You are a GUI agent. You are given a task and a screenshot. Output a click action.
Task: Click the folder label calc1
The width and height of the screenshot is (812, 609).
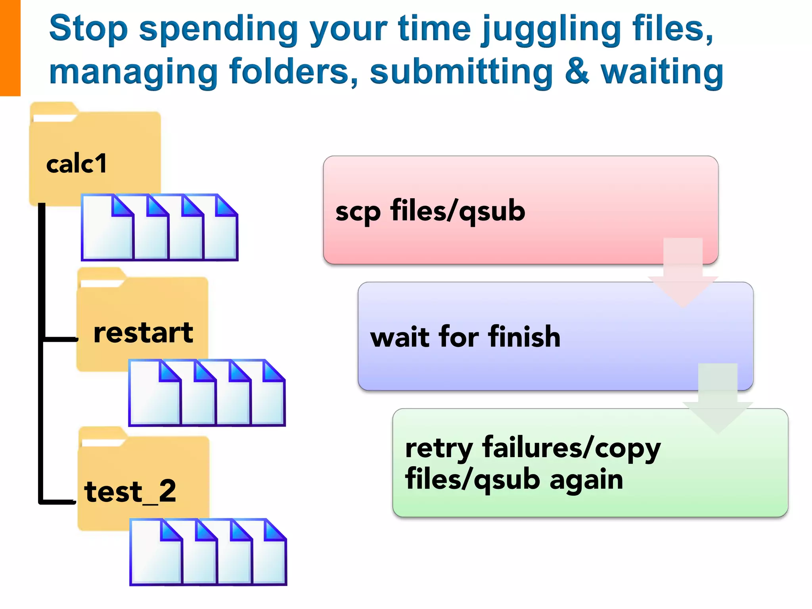pos(77,163)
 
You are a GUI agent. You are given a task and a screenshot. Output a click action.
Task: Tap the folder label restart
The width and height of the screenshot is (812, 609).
pos(143,333)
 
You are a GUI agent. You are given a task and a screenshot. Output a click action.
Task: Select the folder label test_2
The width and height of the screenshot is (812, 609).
pos(130,491)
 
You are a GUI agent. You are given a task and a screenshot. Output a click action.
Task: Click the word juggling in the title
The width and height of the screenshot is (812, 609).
pos(550,30)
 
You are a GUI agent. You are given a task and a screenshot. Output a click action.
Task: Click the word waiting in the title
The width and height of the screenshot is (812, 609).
pos(662,72)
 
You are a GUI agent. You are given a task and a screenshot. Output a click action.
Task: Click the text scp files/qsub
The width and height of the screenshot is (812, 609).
pos(430,211)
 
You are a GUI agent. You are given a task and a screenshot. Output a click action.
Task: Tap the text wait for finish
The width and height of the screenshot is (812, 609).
pos(465,337)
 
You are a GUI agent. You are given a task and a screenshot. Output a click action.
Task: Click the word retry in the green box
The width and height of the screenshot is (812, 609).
pos(439,448)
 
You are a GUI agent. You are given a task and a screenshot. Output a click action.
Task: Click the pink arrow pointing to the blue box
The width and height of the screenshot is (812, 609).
pos(683,274)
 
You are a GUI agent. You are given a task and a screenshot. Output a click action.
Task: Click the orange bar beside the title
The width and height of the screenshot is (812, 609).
pos(10,48)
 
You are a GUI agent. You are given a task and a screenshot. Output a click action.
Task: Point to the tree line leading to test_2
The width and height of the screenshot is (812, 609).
pos(58,502)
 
